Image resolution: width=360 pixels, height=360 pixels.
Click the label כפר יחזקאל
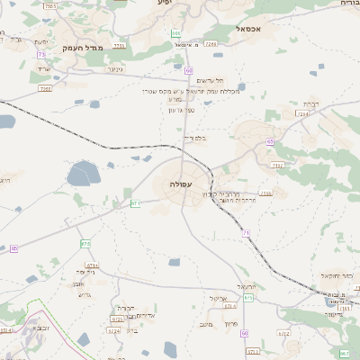click(334, 275)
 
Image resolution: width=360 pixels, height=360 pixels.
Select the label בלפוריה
click(193, 138)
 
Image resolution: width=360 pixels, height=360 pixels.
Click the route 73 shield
click(42, 55)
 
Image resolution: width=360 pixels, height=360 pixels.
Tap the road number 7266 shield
click(211, 42)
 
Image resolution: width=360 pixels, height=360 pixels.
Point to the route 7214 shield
click(302, 114)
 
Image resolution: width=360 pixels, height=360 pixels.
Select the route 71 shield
click(246, 233)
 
